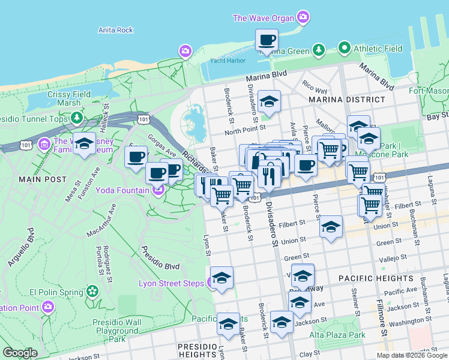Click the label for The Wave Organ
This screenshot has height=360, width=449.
coord(264,18)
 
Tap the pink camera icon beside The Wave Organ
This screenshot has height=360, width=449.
coord(304,17)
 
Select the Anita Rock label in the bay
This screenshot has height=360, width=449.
coord(115,30)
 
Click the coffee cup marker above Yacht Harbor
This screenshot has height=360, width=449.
coord(267,41)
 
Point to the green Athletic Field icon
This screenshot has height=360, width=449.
coord(344,47)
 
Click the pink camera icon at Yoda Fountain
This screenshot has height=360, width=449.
coord(158,191)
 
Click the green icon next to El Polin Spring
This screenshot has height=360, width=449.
coord(92,292)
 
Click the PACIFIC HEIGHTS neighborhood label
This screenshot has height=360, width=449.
coord(375,278)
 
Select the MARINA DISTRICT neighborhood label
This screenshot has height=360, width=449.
coord(346,100)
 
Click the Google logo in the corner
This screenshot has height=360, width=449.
coord(20,353)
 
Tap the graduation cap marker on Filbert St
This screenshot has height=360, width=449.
coord(330,227)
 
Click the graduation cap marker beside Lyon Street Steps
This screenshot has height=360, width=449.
coord(221,278)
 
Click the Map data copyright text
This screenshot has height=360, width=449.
coord(412,355)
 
